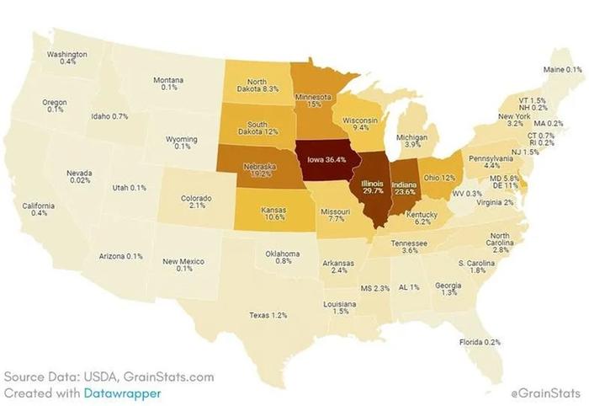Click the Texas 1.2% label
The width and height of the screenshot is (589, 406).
click(x=268, y=315)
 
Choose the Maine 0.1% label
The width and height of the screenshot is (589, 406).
click(x=562, y=69)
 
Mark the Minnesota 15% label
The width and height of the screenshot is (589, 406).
click(x=312, y=101)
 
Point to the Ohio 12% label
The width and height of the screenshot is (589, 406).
click(x=438, y=178)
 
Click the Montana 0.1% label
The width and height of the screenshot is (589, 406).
click(x=169, y=83)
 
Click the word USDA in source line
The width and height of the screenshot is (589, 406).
click(x=102, y=377)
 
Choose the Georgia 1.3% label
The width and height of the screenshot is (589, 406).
click(x=449, y=289)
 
